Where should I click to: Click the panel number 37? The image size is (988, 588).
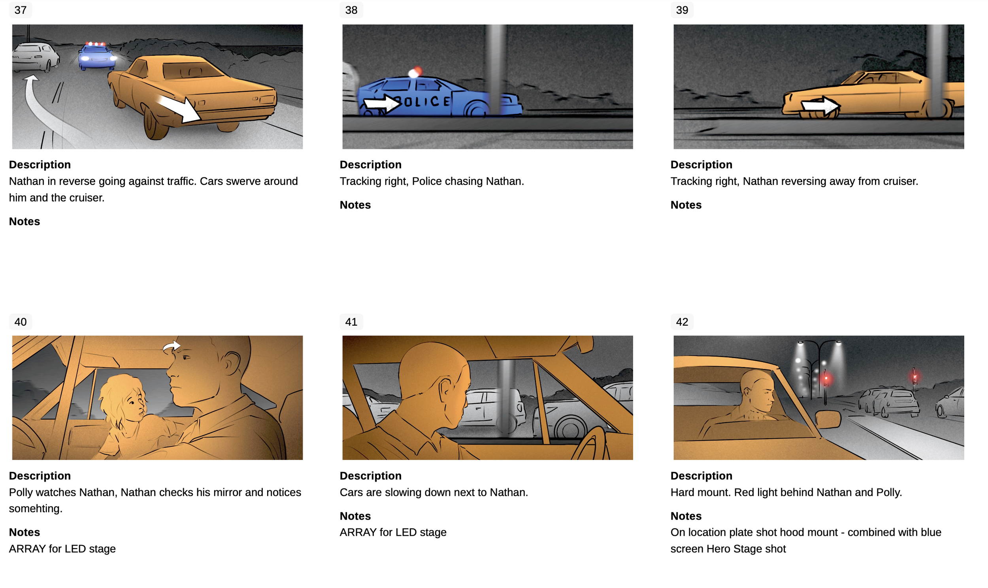21,10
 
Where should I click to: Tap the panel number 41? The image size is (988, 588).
351,321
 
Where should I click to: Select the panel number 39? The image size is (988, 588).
682,10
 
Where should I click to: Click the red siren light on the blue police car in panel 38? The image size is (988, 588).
416,72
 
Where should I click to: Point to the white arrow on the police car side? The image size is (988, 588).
381,104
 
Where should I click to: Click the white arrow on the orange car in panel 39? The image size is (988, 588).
820,106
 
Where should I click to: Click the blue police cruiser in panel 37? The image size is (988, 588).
97,56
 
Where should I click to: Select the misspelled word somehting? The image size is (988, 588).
36,508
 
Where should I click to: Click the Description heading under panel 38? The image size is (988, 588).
370,164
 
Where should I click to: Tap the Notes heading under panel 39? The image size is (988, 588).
686,205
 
